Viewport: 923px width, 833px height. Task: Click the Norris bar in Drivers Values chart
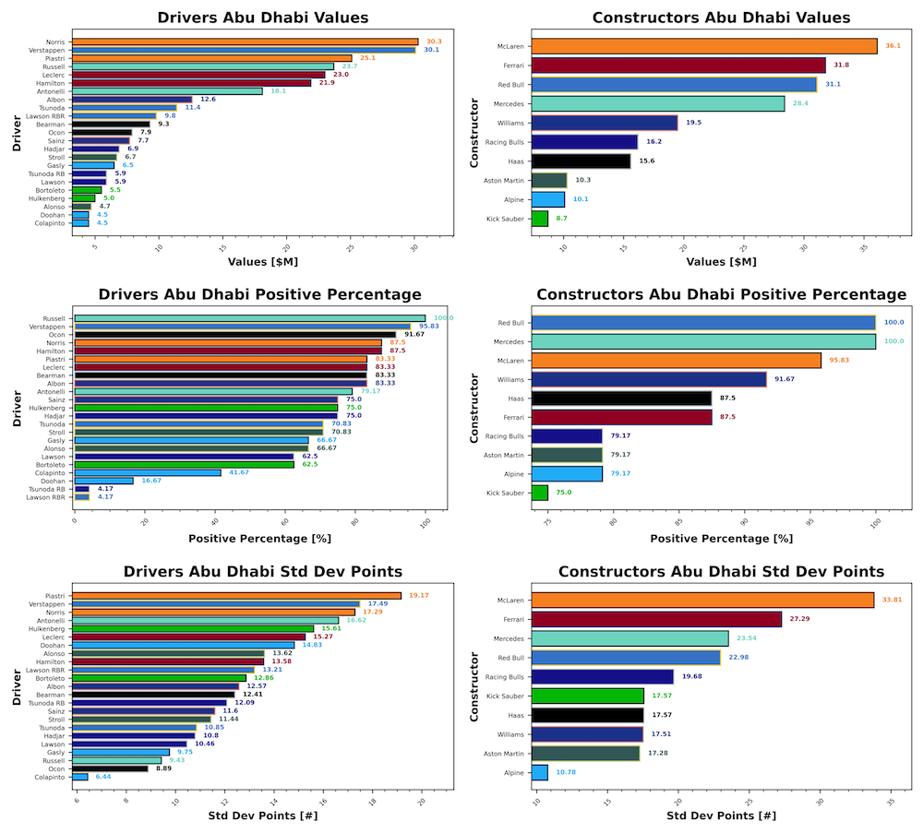(x=245, y=42)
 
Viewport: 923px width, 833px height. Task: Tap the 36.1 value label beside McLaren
(x=893, y=46)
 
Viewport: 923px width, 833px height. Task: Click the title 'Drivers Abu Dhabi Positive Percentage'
(x=259, y=294)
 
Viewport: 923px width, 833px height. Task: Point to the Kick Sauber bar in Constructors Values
(x=540, y=219)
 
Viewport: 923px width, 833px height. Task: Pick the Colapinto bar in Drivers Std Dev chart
(x=81, y=777)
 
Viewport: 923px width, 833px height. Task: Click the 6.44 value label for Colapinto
(x=102, y=777)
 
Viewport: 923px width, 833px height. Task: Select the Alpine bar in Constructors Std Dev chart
(x=540, y=772)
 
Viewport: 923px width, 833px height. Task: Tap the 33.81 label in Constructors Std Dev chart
(x=893, y=600)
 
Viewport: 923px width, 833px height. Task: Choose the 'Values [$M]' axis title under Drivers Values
(x=260, y=261)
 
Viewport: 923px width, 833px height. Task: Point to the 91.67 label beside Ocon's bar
(x=414, y=334)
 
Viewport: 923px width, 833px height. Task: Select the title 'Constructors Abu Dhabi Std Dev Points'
(x=721, y=572)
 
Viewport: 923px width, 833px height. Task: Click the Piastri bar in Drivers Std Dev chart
(x=236, y=596)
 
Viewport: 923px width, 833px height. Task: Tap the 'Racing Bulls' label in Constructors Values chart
(x=504, y=142)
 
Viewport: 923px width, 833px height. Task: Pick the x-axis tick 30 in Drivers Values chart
(x=414, y=246)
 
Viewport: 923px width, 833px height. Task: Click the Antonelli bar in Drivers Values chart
(x=167, y=90)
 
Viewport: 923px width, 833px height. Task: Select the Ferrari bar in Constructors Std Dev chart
(x=657, y=619)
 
